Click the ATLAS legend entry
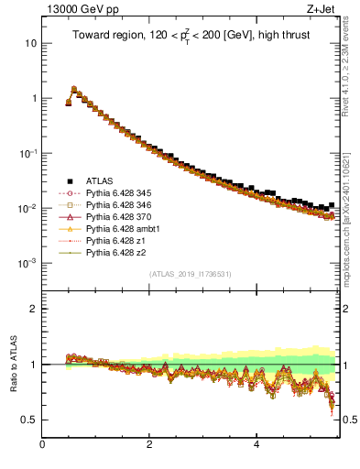(100, 180)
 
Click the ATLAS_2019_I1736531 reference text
(191, 274)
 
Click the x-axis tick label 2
(149, 444)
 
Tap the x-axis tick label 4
(256, 444)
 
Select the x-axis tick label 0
(42, 444)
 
